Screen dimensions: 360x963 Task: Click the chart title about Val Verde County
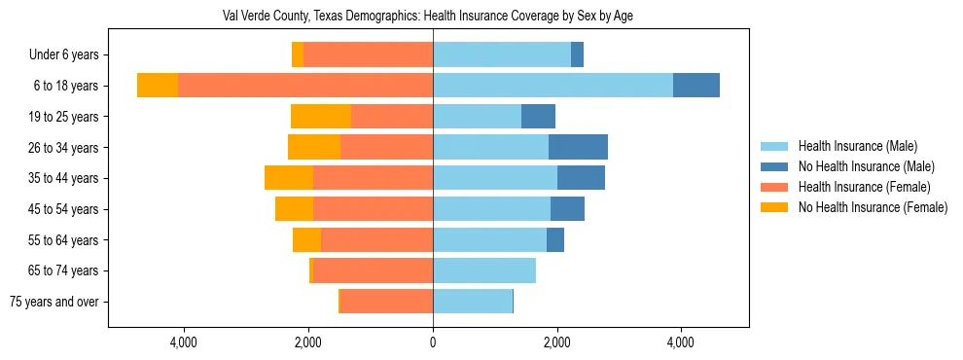[428, 17]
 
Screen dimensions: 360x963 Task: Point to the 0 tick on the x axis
[433, 342]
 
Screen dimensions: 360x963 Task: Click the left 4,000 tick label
[184, 342]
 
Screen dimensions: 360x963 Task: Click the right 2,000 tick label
[556, 342]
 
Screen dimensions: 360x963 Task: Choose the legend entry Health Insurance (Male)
[857, 146]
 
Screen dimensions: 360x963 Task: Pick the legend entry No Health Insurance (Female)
[873, 207]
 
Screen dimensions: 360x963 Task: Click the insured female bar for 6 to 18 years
[305, 86]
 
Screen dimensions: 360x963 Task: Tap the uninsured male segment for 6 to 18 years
[696, 86]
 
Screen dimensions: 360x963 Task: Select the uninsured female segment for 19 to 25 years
[321, 117]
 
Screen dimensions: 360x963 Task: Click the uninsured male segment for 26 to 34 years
[578, 147]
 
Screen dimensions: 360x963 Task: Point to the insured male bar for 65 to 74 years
[484, 270]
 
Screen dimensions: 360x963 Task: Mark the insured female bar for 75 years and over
[386, 302]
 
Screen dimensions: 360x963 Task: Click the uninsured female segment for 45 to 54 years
[294, 209]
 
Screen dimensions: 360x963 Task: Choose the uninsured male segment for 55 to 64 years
[555, 239]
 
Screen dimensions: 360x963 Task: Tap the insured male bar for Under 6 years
[502, 55]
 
